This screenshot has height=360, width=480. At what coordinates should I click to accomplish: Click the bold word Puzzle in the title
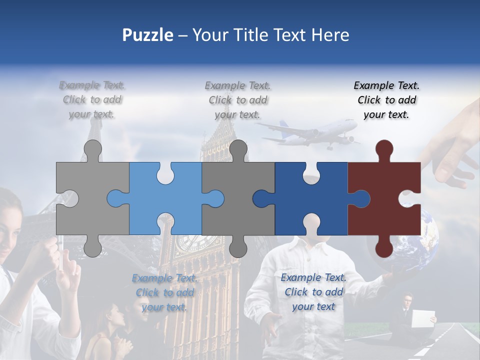147,35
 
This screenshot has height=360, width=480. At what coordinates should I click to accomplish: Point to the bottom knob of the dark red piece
384,247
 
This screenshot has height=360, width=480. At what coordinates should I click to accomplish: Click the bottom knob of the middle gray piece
238,247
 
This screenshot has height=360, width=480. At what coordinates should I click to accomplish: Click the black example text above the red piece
386,100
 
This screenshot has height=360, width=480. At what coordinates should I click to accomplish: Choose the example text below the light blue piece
164,292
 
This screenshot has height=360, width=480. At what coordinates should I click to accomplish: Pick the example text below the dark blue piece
313,292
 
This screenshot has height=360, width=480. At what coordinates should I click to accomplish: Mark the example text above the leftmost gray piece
92,100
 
